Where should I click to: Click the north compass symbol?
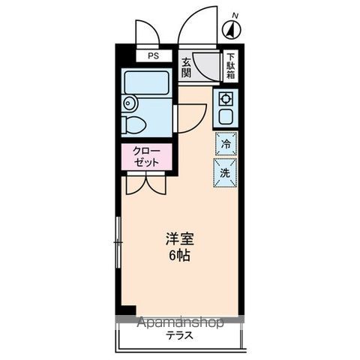click(232, 30)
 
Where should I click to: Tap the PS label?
click(153, 56)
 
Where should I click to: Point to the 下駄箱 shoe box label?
click(232, 67)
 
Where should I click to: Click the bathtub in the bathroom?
click(147, 82)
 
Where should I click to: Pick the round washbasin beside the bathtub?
click(129, 103)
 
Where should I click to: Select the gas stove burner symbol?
click(226, 97)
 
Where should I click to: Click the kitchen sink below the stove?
click(225, 116)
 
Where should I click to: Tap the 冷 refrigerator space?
click(226, 143)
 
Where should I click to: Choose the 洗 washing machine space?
click(226, 172)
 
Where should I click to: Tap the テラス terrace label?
click(180, 336)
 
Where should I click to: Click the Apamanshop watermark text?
click(180, 323)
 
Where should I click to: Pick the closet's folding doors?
click(146, 184)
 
